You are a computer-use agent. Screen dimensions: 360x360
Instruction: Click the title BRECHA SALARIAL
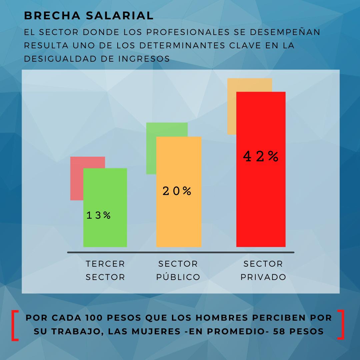[89, 16]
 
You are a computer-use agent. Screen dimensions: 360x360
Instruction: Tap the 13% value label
[98, 215]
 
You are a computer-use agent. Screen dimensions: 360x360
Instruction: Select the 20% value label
[177, 191]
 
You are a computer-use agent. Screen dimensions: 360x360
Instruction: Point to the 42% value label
[261, 156]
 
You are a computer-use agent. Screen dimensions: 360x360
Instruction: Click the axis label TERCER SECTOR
[105, 270]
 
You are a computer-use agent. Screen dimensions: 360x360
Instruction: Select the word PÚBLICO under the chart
[178, 277]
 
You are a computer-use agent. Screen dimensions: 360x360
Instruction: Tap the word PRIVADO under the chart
[263, 277]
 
